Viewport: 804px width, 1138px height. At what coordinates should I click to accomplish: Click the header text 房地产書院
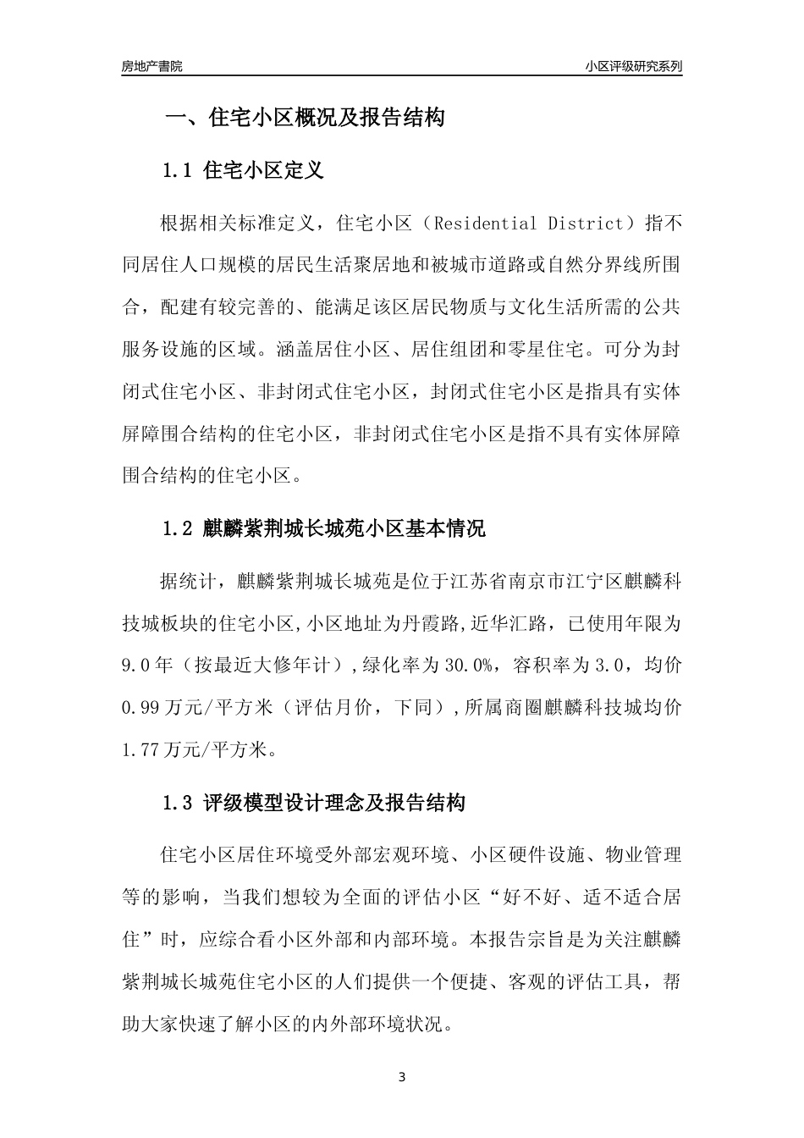tap(151, 66)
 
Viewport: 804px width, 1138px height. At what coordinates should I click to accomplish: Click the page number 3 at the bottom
tap(402, 1077)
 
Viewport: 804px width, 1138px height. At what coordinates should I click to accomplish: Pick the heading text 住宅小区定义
tap(264, 171)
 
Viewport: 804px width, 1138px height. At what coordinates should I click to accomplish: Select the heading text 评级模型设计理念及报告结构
tap(334, 803)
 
